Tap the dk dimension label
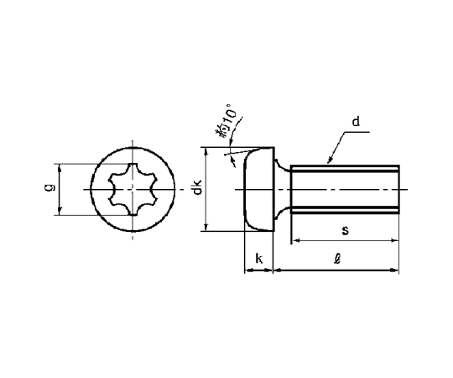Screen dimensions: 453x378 [x=197, y=186]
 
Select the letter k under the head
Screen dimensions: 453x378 [x=259, y=259]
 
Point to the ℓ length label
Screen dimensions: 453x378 [x=337, y=259]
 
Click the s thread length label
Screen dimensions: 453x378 [x=345, y=230]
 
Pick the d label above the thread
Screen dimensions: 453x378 [x=356, y=121]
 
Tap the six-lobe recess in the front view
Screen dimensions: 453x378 [x=133, y=189]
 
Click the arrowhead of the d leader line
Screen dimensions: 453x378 [x=329, y=161]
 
